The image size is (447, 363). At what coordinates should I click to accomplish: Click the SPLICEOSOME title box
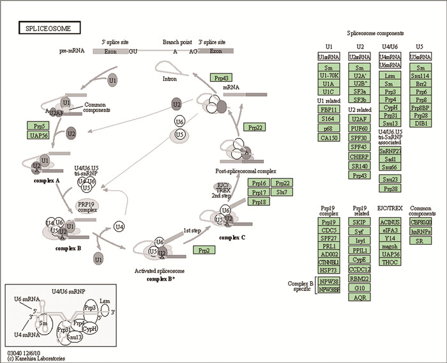tap(50, 28)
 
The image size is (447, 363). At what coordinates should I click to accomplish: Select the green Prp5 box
tap(37, 125)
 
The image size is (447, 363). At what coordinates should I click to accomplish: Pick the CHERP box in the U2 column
tap(360, 157)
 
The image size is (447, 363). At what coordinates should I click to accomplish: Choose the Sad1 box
tap(391, 160)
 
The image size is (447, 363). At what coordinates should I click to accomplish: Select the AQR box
tap(360, 297)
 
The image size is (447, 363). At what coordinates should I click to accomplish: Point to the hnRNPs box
tap(420, 231)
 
